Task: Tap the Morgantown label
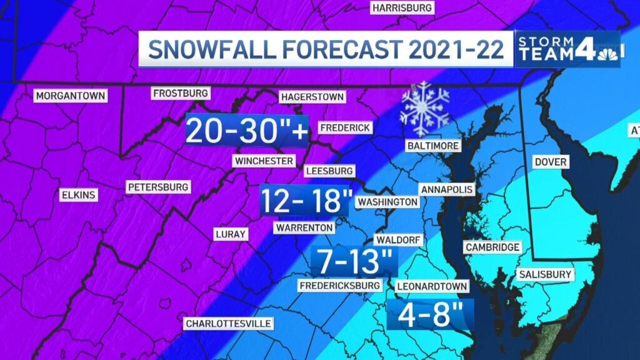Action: pyautogui.click(x=71, y=96)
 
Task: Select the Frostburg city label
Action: pyautogui.click(x=180, y=93)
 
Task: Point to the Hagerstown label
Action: pyautogui.click(x=312, y=97)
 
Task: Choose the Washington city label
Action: pyautogui.click(x=387, y=202)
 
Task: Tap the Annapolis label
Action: pyautogui.click(x=447, y=189)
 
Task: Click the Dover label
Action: pyautogui.click(x=551, y=162)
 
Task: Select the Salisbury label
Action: pyautogui.click(x=545, y=274)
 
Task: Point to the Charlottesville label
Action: pyautogui.click(x=228, y=324)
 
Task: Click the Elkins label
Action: pyautogui.click(x=78, y=195)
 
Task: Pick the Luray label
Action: pyautogui.click(x=230, y=234)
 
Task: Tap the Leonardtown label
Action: pyautogui.click(x=432, y=286)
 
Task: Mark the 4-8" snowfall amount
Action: pyautogui.click(x=430, y=314)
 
